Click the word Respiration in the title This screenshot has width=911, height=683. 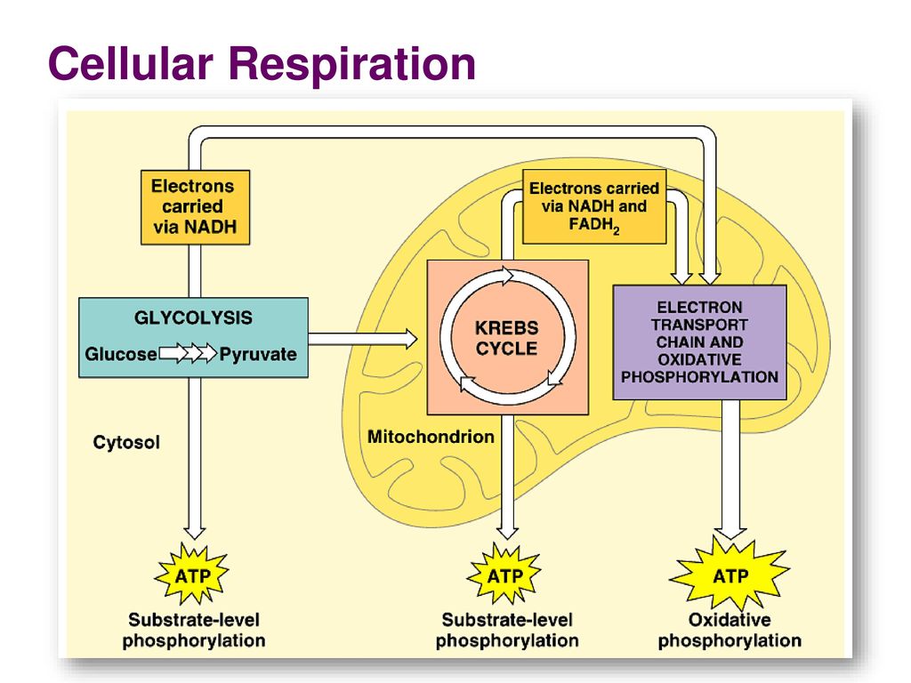(x=352, y=65)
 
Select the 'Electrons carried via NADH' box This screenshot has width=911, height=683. (x=195, y=207)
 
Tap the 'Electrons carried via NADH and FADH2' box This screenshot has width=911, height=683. (x=594, y=206)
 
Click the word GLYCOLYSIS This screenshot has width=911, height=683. (x=193, y=317)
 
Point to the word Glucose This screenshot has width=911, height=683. (x=121, y=354)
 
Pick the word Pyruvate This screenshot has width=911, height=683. (x=258, y=354)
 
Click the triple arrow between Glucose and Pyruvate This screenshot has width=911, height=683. (x=188, y=353)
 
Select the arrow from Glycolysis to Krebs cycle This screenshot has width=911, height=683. (x=363, y=339)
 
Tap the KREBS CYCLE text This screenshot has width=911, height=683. (x=506, y=338)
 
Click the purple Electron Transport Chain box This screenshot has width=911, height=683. (x=699, y=342)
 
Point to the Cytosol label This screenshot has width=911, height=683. (x=126, y=443)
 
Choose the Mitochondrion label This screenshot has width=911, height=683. (x=431, y=437)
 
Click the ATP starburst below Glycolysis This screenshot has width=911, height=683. (x=192, y=575)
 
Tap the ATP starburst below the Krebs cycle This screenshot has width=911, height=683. (x=504, y=575)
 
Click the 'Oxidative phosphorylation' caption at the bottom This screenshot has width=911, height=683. (x=730, y=631)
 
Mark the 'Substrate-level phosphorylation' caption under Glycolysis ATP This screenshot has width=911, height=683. (x=193, y=631)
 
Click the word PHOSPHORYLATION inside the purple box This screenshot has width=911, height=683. (x=699, y=377)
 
